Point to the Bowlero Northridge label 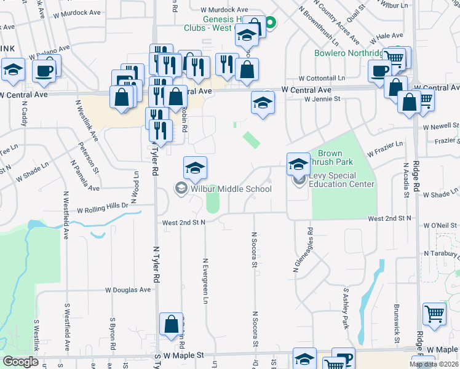[x=348, y=54]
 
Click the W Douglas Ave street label [x=128, y=290]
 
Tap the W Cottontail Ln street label [x=322, y=79]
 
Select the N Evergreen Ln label [x=205, y=280]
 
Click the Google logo [x=20, y=362]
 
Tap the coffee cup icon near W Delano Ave [x=44, y=71]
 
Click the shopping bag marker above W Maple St [x=171, y=325]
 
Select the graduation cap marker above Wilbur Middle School [x=195, y=167]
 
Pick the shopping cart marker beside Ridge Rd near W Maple [x=434, y=314]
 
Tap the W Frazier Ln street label [x=385, y=148]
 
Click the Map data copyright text [x=434, y=364]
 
